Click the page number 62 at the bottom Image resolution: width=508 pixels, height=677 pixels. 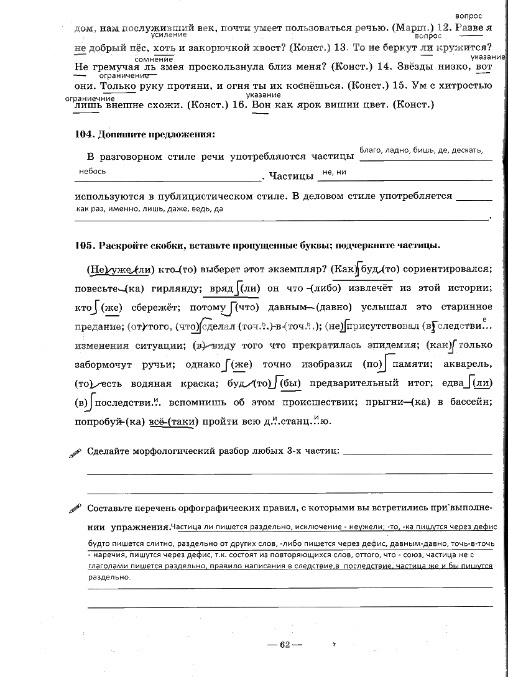285,644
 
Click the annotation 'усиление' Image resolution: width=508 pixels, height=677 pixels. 169,35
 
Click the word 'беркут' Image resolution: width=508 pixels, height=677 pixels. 395,48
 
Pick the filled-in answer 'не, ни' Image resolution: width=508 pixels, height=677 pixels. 334,172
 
